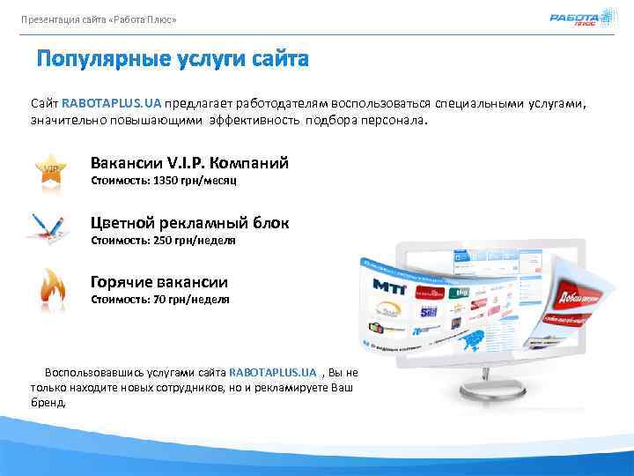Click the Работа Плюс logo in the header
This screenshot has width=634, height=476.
[574, 19]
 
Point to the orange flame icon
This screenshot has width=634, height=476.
[50, 287]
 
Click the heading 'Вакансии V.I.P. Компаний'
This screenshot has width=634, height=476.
[189, 163]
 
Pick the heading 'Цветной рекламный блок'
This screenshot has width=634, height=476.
[189, 223]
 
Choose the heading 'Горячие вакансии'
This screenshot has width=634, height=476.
[159, 282]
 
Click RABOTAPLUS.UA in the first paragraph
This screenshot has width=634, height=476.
[112, 103]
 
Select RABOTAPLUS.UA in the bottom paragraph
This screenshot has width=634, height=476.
[271, 372]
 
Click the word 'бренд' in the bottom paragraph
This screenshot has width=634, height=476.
[47, 402]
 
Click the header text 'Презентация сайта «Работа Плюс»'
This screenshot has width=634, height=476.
[99, 19]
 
